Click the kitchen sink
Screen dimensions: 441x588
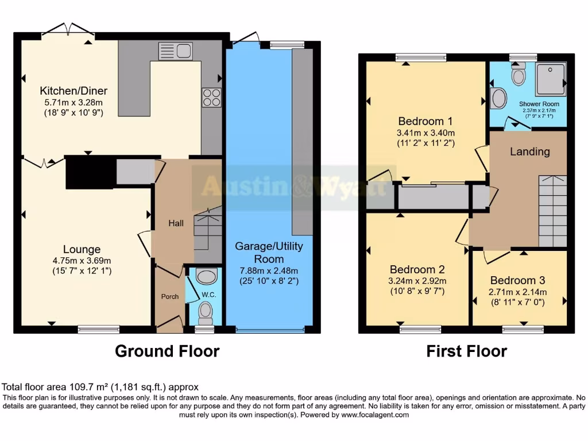[x=175, y=51]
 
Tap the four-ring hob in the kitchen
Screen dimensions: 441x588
[x=211, y=97]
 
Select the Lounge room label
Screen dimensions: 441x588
[x=82, y=249]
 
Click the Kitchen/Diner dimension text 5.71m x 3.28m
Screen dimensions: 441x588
[x=73, y=102]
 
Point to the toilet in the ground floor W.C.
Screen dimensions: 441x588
[x=205, y=313]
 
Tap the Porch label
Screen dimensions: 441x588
[x=169, y=297]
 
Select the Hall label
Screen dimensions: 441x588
[x=176, y=223]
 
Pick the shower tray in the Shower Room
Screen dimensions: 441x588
[x=550, y=79]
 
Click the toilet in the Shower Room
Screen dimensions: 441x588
[x=519, y=75]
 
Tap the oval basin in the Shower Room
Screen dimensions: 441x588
[x=499, y=98]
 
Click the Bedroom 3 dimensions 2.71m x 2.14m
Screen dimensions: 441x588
[x=518, y=292]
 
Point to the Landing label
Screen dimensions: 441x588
[x=529, y=152]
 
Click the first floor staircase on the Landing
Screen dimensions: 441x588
[x=552, y=211]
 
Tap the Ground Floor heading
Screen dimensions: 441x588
[x=167, y=351]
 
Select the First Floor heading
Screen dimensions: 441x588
[x=466, y=351]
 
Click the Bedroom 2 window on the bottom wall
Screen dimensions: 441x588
[x=420, y=329]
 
